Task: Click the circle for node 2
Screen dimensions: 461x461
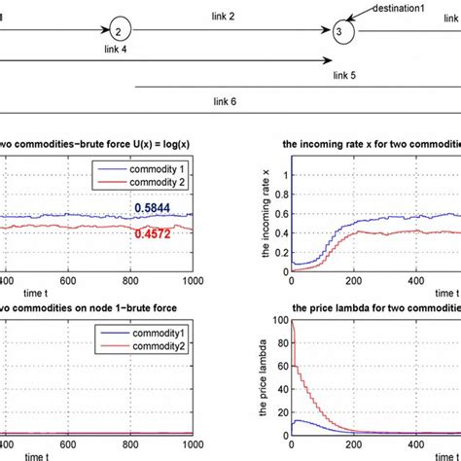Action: click(119, 31)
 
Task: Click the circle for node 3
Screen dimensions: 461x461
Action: click(338, 32)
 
